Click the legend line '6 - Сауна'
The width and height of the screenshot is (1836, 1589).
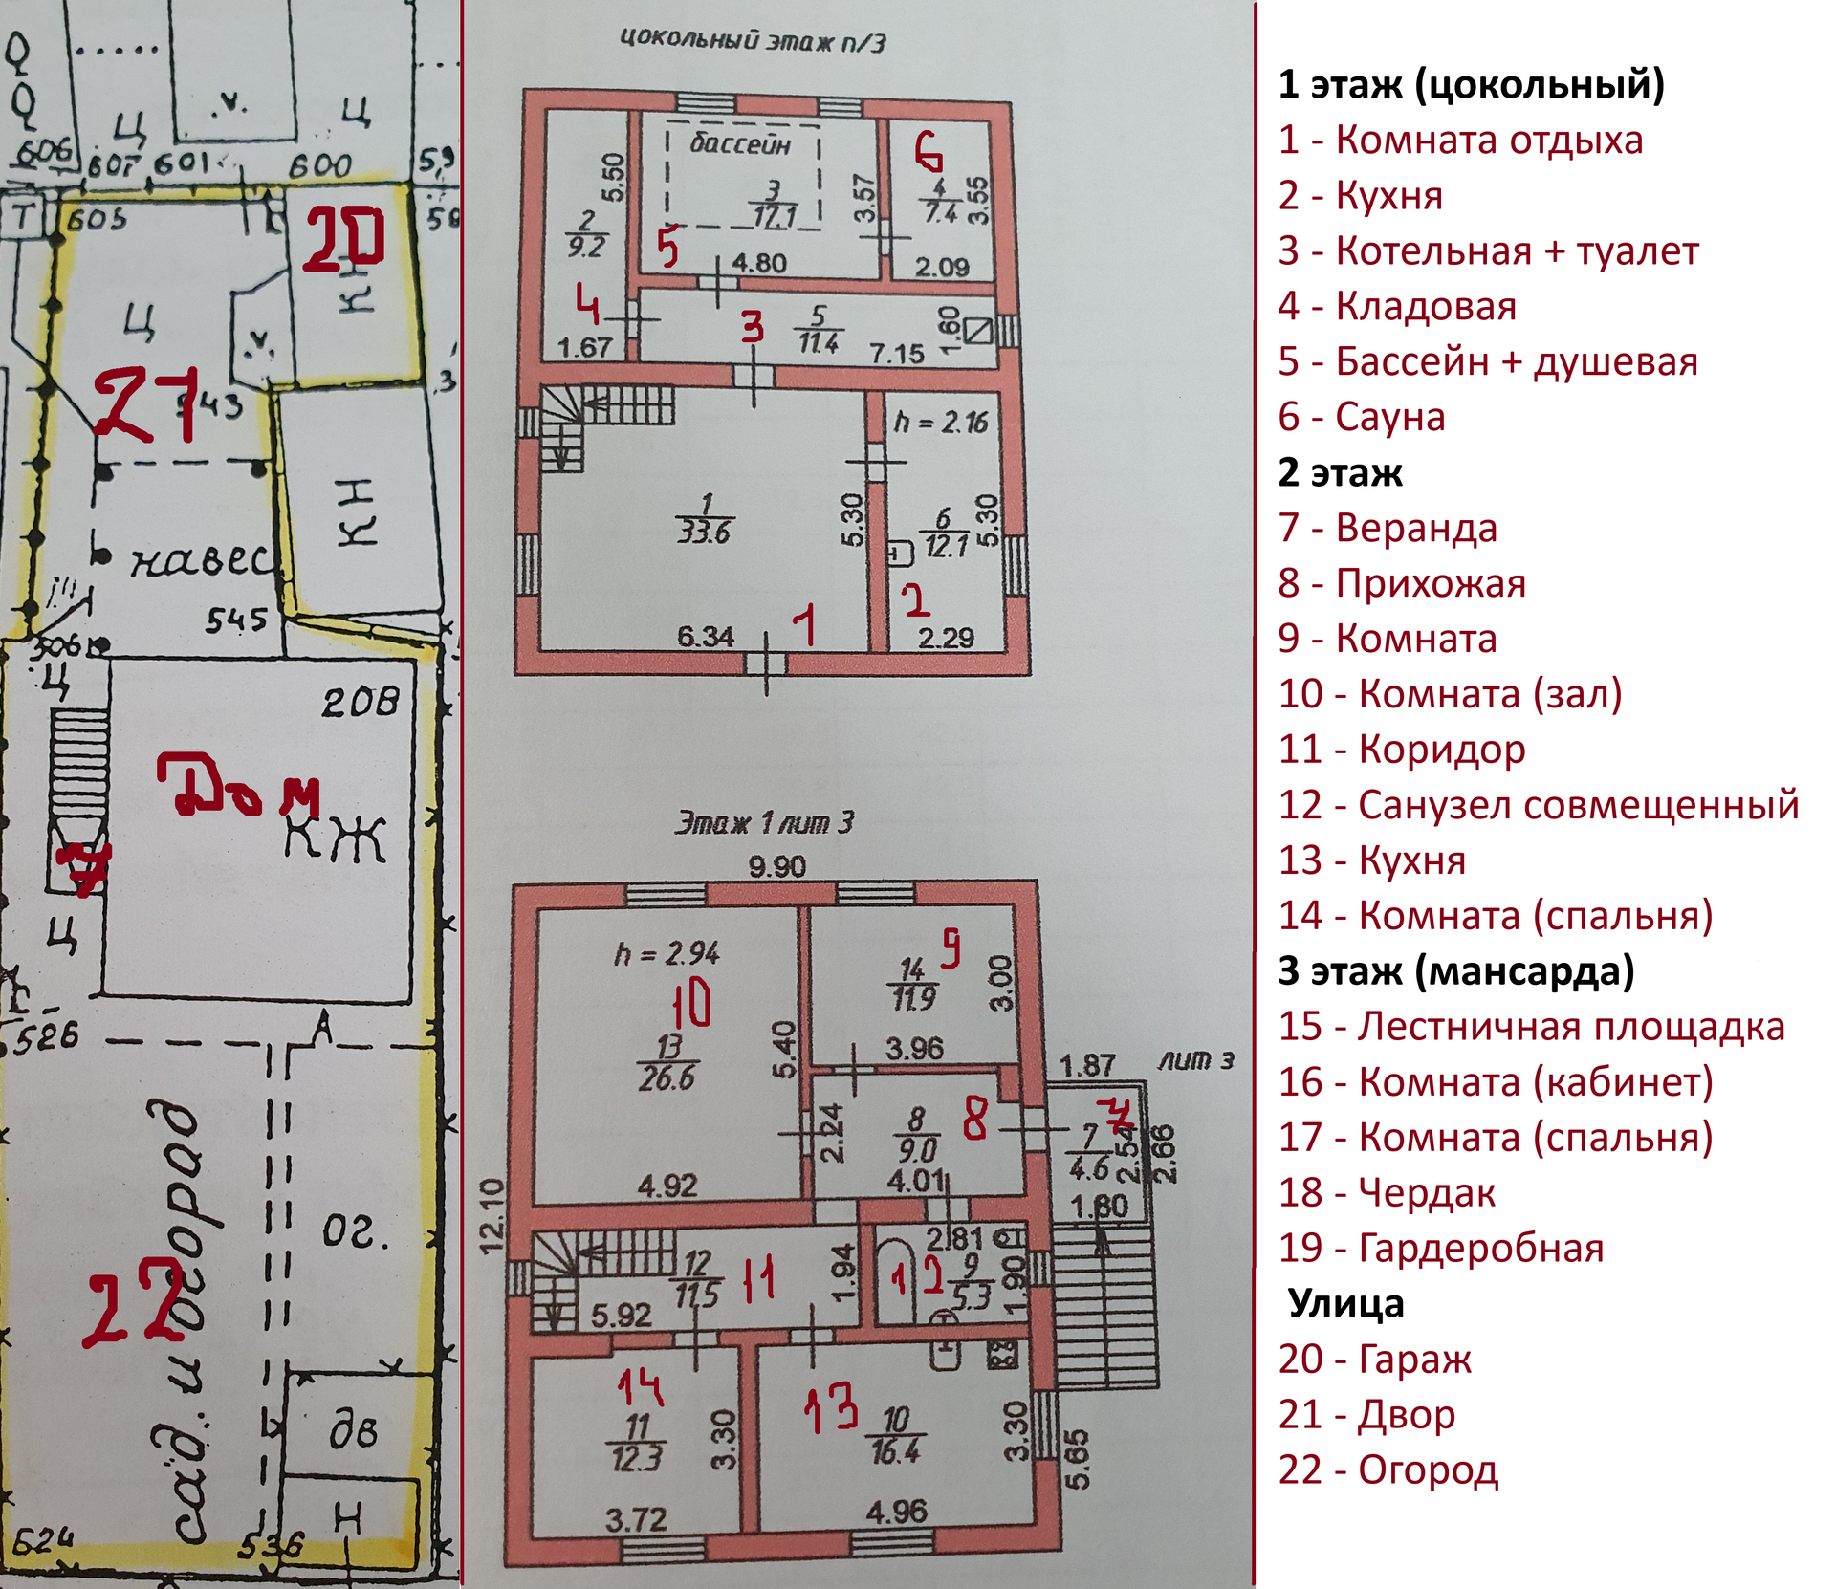[x=1361, y=417]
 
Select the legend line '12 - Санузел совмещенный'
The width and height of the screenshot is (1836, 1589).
[x=1538, y=805]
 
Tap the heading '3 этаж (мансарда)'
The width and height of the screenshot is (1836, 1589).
[x=1455, y=970]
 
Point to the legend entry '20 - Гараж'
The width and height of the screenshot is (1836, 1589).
[x=1374, y=1359]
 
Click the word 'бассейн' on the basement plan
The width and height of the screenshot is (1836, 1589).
[x=740, y=144]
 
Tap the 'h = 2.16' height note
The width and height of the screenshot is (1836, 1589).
[x=941, y=422]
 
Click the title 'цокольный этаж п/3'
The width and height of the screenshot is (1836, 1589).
[x=753, y=40]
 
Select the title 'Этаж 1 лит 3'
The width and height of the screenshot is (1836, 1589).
[x=764, y=822]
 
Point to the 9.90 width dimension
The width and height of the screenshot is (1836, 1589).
[x=776, y=866]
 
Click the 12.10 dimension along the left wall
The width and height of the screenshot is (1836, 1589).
[x=491, y=1215]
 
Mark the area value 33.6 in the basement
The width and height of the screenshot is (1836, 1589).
[x=704, y=532]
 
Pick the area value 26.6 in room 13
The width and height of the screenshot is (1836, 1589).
[x=667, y=1078]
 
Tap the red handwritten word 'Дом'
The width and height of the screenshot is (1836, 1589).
[x=237, y=786]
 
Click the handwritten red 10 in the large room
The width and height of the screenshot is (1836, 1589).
[x=691, y=1003]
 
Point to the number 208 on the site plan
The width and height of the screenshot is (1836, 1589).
[x=360, y=703]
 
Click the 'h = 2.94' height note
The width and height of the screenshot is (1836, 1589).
[x=667, y=953]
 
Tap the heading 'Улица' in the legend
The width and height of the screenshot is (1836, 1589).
[x=1345, y=1303]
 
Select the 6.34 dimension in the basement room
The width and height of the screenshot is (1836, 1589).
[x=705, y=636]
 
